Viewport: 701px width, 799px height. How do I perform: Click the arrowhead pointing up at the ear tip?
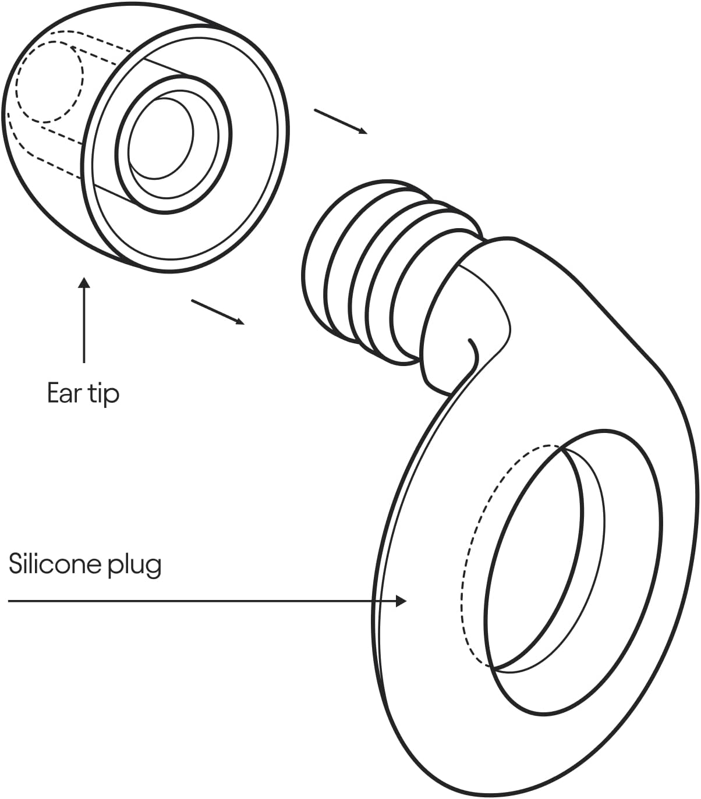84,283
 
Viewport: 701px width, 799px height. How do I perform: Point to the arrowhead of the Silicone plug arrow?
401,601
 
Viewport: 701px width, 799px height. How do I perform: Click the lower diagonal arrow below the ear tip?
218,312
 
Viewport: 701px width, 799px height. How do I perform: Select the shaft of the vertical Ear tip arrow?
84,326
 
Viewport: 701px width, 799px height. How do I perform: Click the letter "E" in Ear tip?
54,393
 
